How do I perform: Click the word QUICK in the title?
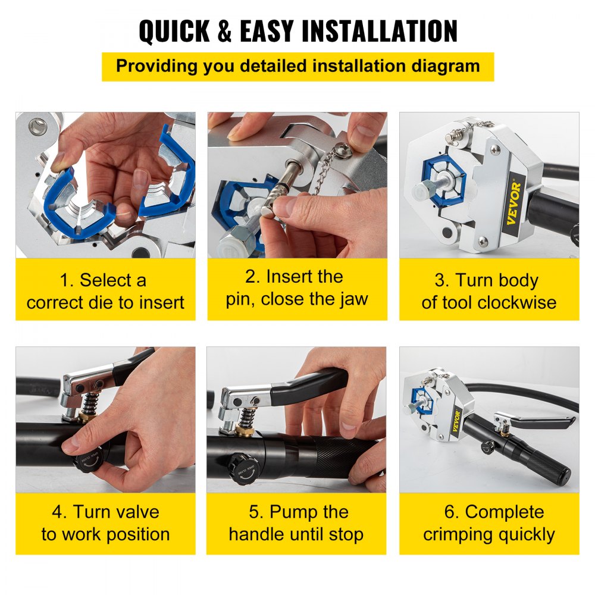click(x=175, y=32)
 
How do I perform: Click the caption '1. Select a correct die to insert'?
click(x=105, y=291)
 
